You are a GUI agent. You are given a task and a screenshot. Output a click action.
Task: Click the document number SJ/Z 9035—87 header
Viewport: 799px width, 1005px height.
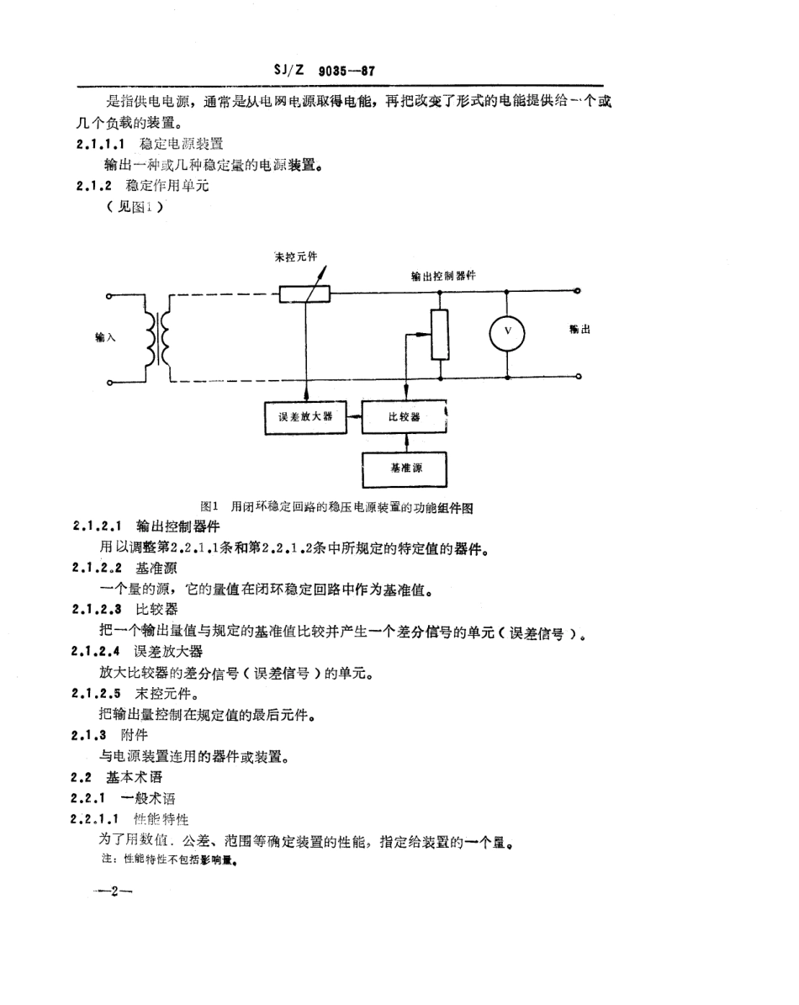(x=323, y=71)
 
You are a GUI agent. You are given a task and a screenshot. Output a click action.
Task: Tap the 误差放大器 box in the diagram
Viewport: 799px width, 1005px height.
(x=305, y=416)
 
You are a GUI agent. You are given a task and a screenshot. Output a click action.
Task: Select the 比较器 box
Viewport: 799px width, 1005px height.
(x=404, y=416)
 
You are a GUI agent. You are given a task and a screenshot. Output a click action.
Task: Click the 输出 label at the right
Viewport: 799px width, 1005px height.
(x=579, y=331)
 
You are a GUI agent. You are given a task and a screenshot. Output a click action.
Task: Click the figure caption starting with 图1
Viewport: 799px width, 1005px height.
(x=338, y=507)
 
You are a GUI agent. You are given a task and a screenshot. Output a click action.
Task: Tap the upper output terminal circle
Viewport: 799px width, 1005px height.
(x=577, y=292)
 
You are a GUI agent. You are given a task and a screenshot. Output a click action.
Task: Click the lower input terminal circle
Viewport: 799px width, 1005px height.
(x=110, y=383)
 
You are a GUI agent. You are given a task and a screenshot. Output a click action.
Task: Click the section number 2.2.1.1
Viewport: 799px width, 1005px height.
(x=98, y=818)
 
